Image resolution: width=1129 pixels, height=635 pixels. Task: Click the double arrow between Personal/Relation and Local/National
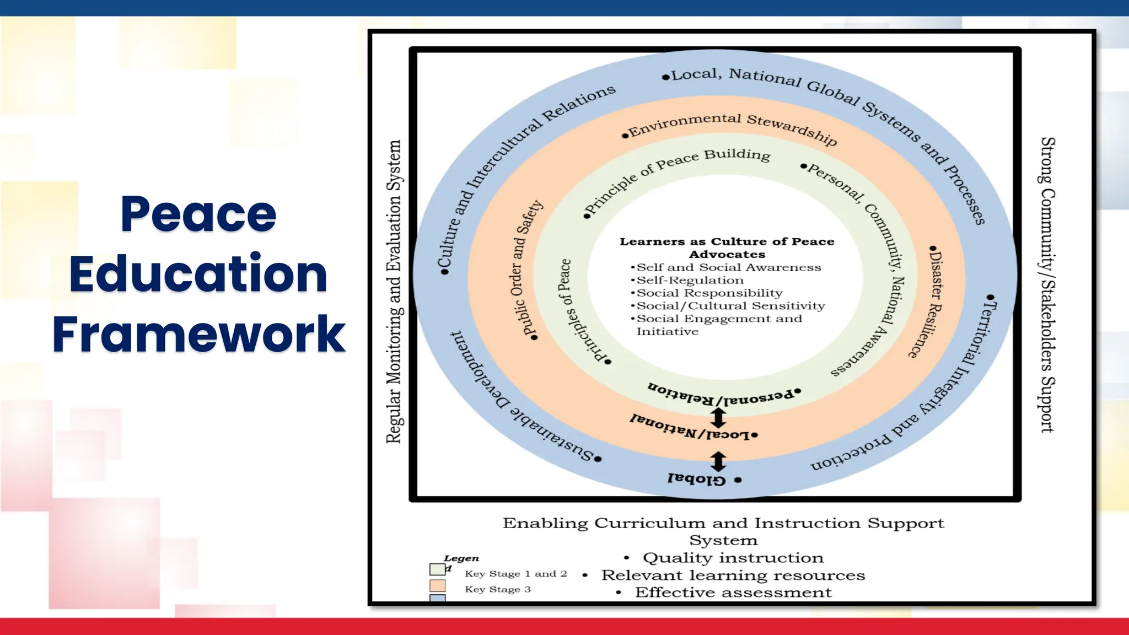(x=718, y=417)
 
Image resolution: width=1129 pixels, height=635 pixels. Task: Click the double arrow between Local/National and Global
(x=718, y=461)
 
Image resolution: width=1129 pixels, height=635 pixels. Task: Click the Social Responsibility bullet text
(x=709, y=293)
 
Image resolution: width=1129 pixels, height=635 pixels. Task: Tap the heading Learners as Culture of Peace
(x=727, y=241)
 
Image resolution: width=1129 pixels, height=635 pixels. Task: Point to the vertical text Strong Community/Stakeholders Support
(x=1047, y=284)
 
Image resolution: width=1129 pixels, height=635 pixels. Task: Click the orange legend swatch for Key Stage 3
(x=437, y=585)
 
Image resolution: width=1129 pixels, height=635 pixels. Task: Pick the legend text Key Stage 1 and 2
(x=515, y=574)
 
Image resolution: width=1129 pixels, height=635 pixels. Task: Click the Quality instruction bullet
(x=733, y=558)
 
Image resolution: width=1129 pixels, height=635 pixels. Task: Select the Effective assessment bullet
(x=733, y=593)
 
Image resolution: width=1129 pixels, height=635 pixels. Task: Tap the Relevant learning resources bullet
(x=733, y=575)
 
